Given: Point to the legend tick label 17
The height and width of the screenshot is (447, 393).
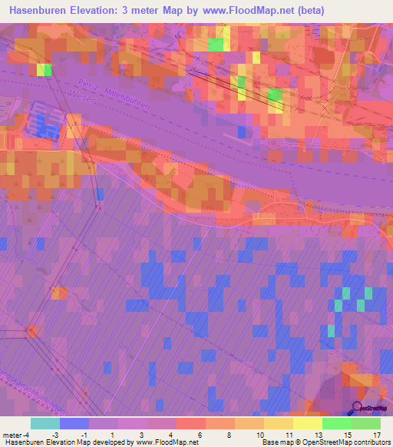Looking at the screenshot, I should (376, 435).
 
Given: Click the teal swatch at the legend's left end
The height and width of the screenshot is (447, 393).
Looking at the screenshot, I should (45, 423).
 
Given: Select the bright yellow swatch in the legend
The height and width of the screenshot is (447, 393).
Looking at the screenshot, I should (308, 423).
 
